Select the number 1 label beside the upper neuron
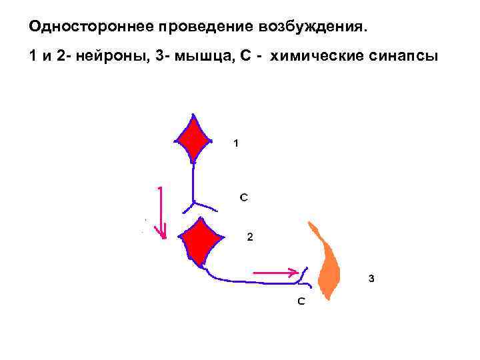[235, 142]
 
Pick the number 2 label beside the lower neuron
[249, 237]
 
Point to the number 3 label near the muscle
[371, 279]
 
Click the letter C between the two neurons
[244, 197]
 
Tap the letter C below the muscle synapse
[301, 301]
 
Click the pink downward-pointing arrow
[160, 213]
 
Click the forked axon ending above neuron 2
[194, 202]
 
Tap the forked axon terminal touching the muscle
[304, 275]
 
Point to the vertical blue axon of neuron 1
[193, 180]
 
